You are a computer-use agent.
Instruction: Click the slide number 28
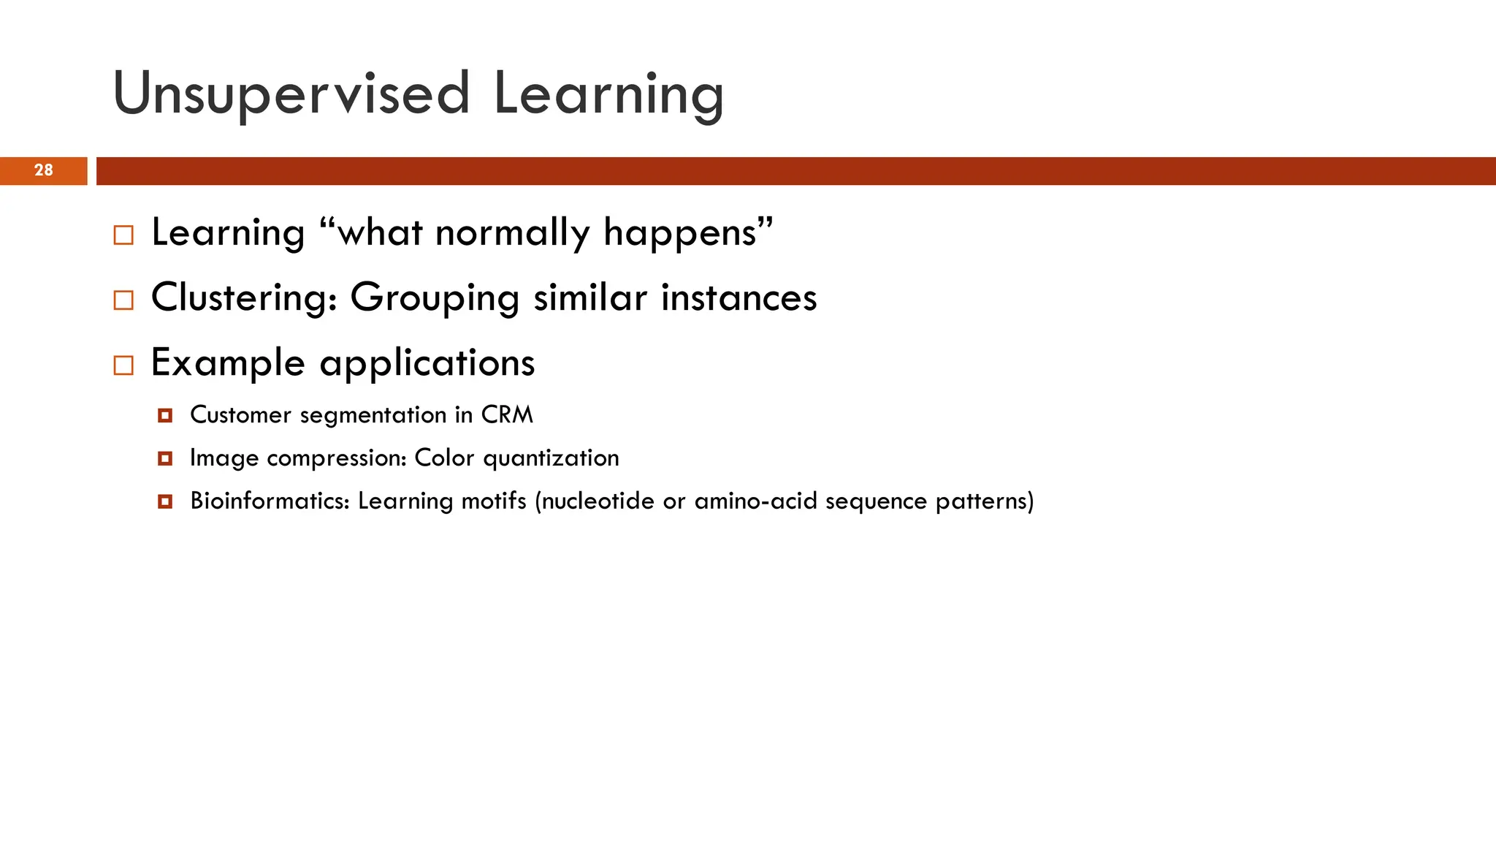click(x=44, y=170)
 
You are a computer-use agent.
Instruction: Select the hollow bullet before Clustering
click(x=123, y=300)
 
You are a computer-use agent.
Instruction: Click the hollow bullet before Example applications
click(x=123, y=365)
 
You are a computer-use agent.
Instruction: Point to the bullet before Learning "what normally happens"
click(x=123, y=235)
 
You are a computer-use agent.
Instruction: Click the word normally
click(x=512, y=234)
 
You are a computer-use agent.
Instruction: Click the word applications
click(x=427, y=363)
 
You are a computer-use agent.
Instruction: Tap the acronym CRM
click(x=507, y=415)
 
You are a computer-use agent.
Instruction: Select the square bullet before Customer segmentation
click(x=165, y=416)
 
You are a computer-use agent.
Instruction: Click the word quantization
click(x=551, y=458)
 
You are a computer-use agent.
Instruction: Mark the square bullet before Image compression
click(x=165, y=459)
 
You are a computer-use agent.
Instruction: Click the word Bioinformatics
click(x=270, y=501)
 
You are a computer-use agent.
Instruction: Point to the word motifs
click(x=494, y=501)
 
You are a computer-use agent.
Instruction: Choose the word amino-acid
click(x=755, y=501)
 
